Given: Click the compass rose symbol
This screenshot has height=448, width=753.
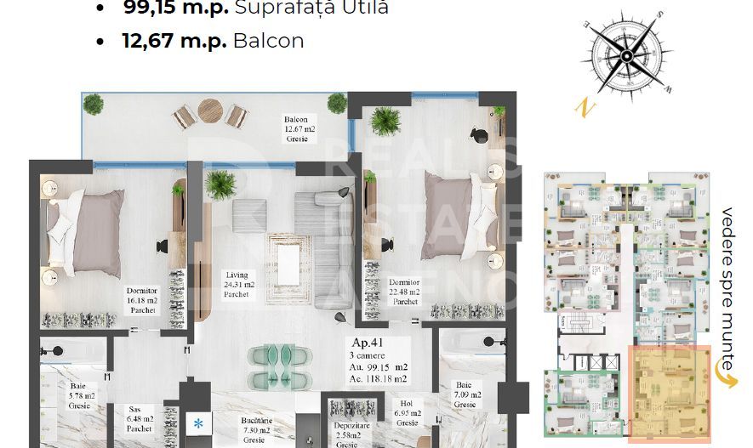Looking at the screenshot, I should coord(626,56).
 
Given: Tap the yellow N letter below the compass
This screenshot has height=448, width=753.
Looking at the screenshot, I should coord(583,107).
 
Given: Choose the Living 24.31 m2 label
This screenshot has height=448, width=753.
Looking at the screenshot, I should coord(237,284).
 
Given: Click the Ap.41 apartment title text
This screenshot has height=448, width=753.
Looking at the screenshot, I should coord(367,344).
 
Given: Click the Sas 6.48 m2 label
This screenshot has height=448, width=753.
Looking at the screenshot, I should coord(140,418).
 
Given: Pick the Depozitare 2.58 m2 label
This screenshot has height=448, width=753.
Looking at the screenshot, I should coord(346,434).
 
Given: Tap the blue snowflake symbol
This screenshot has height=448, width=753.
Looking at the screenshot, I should coord(198,422).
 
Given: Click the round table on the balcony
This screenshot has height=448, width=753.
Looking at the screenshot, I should coord(209,110).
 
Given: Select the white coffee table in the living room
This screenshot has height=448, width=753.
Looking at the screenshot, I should coord(289,259).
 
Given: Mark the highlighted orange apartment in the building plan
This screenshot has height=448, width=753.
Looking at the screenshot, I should coord(668,394).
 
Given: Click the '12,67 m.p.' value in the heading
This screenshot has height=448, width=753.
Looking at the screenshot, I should coord(167,40).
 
